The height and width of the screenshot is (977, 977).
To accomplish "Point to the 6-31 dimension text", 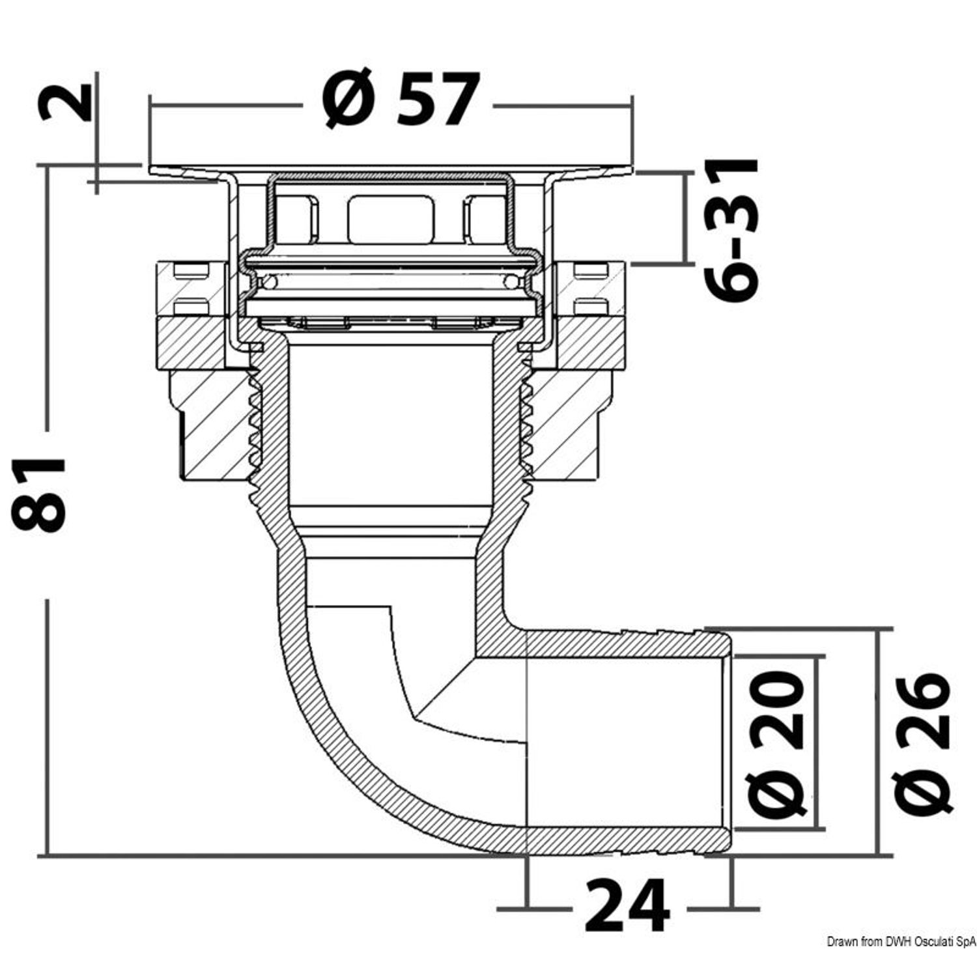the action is tap(733, 231).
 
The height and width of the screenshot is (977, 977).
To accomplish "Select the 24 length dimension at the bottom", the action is tap(627, 905).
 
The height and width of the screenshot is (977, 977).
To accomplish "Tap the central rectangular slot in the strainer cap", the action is tap(391, 220).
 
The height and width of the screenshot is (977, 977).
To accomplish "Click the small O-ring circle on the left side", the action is tap(268, 283).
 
